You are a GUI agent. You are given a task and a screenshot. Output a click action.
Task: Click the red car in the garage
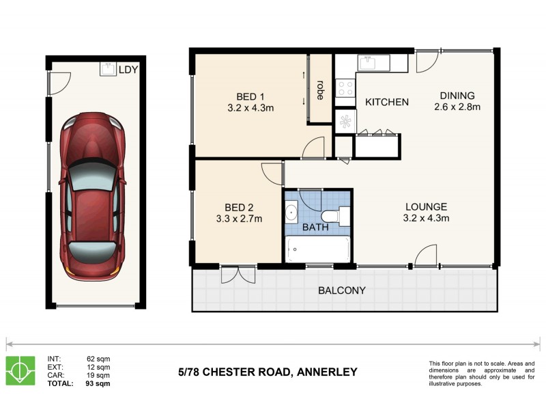(x=92, y=197)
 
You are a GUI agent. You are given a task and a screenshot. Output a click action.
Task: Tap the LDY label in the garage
(x=128, y=70)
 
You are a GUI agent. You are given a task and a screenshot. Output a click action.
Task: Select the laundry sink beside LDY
(x=108, y=68)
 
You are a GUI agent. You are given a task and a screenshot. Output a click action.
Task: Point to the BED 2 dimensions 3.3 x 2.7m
(x=239, y=219)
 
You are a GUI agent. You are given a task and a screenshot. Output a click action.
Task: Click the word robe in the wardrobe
(x=319, y=90)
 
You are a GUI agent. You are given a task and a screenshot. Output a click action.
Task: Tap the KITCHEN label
(x=387, y=102)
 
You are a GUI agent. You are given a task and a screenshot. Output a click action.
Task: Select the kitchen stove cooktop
(x=345, y=87)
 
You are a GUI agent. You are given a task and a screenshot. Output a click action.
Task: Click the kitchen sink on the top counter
(x=369, y=62)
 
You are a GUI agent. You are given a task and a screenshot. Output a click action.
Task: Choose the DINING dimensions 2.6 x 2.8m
(x=457, y=107)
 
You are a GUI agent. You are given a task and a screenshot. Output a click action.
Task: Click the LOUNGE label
(x=426, y=206)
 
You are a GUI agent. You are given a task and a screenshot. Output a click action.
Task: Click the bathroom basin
(x=291, y=212)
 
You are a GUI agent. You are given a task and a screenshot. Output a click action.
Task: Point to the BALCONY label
(x=342, y=290)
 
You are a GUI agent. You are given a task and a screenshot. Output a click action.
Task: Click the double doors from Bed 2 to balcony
(x=238, y=274)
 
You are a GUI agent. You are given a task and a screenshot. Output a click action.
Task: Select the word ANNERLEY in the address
(x=324, y=372)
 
